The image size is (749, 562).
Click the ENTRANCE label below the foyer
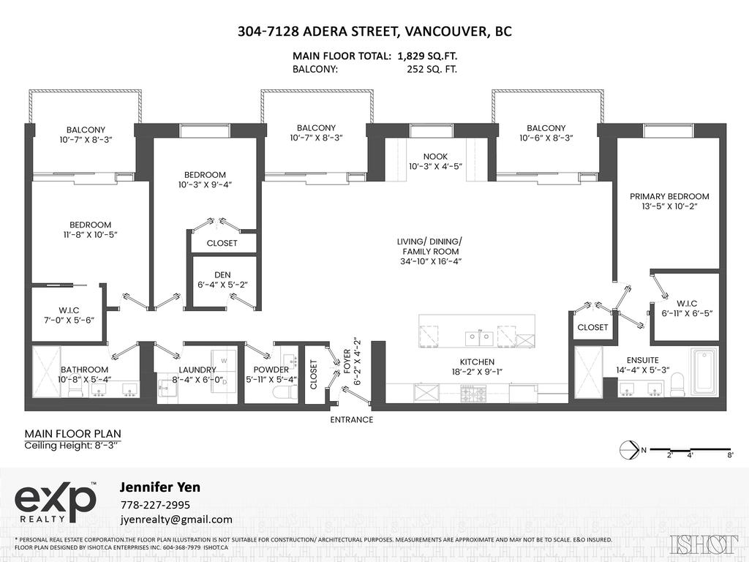click(x=352, y=420)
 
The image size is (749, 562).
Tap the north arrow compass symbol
click(x=627, y=451)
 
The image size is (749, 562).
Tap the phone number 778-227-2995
click(x=154, y=505)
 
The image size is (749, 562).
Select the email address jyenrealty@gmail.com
click(x=176, y=520)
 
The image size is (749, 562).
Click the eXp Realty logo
click(x=56, y=503)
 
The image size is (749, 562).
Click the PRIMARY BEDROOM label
click(x=670, y=196)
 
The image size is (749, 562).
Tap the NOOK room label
click(x=435, y=157)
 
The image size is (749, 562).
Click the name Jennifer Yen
click(x=159, y=487)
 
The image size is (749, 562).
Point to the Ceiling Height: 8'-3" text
click(x=72, y=445)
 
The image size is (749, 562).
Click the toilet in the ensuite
click(x=676, y=384)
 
